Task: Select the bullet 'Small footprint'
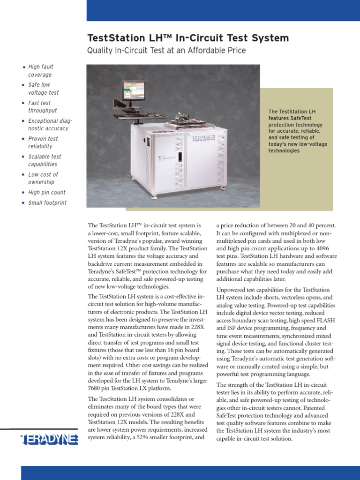coord(47,203)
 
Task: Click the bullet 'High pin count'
coord(46,192)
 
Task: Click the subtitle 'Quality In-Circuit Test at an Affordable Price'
coord(166,50)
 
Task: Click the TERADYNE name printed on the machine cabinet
coord(202,139)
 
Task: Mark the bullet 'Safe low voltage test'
coord(43,89)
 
